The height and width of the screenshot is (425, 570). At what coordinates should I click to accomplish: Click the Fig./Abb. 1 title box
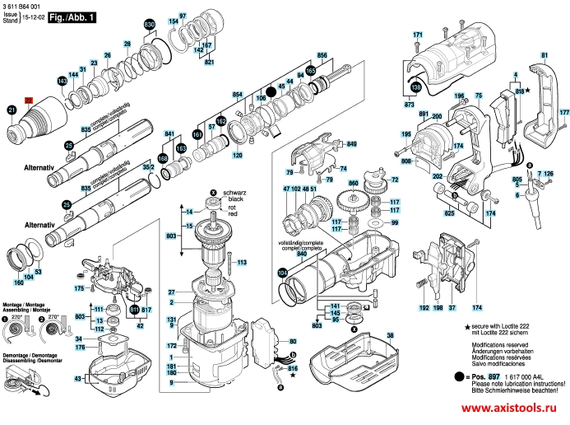coord(73,16)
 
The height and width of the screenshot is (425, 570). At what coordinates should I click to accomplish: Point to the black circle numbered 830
coord(149,26)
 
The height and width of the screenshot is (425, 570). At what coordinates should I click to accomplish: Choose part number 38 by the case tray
coord(390,335)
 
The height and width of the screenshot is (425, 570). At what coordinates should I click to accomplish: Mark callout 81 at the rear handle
coord(544,55)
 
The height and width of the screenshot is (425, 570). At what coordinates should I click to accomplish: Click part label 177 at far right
coord(563,112)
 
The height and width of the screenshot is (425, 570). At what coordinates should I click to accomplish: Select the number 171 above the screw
coord(417,34)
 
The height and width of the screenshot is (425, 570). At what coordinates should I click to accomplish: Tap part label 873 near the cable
coord(409,106)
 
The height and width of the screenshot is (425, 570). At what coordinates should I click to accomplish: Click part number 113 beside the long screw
coord(242,262)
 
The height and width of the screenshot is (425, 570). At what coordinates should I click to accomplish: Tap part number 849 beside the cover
coord(352,145)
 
